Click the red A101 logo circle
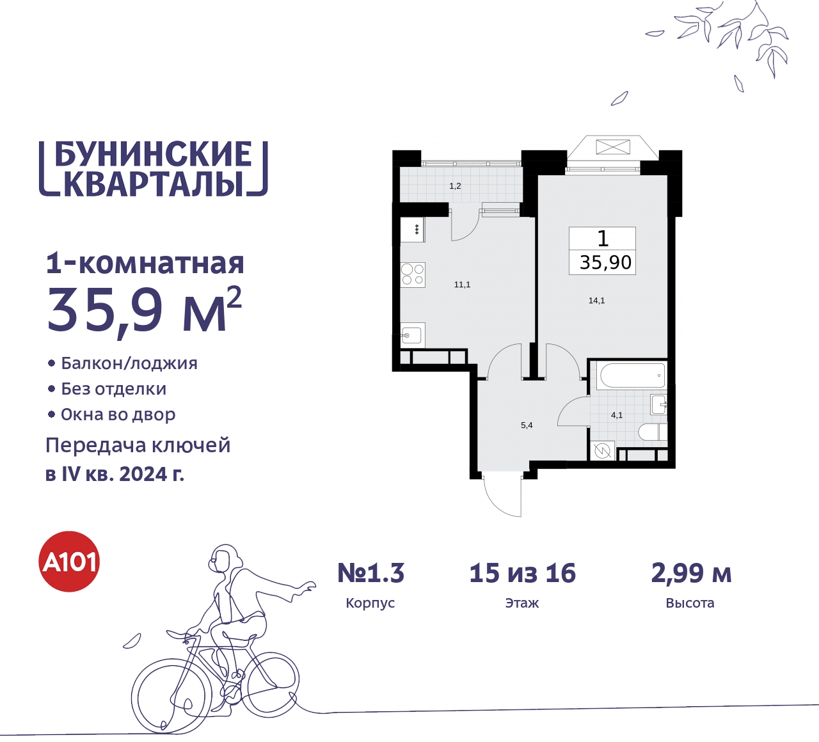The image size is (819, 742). point(70,562)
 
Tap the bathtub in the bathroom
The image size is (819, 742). point(630,375)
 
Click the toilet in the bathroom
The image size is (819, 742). point(653,432)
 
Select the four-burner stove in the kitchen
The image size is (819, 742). point(413,274)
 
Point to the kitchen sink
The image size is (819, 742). point(411,335)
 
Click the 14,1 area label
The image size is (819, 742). point(596,300)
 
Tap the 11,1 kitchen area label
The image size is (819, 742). point(462,285)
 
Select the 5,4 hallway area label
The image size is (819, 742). point(527,425)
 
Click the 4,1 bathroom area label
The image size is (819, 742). point(617,415)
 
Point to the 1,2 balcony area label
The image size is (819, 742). point(455,186)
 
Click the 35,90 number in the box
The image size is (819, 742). point(605,262)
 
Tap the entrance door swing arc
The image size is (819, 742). point(502,496)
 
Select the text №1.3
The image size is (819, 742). point(371,573)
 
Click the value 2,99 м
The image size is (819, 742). point(691,573)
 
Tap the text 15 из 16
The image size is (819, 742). point(522,573)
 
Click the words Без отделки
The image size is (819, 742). point(114,389)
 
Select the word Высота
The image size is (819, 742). point(690,603)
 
